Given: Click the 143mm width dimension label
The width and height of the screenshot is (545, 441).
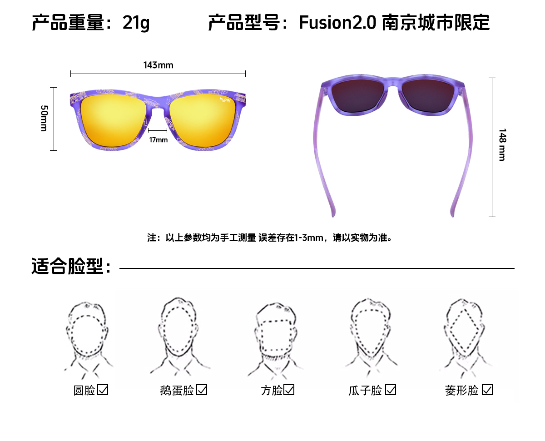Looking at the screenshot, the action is (x=158, y=65).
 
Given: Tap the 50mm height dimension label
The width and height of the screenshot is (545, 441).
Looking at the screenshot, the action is (x=44, y=118).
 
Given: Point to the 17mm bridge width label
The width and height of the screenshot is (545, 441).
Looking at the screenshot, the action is (x=158, y=140).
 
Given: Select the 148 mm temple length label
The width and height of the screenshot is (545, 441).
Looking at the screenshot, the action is (x=502, y=144).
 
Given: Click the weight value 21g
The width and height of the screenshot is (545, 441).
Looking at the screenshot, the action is (x=136, y=23).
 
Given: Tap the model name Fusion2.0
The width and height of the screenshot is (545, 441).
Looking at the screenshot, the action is (x=337, y=23).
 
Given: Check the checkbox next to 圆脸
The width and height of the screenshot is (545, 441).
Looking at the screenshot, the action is (x=103, y=390).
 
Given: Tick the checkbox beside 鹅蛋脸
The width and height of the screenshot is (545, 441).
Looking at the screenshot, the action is (x=202, y=390).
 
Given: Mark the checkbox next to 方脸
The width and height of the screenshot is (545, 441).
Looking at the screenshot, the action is (x=289, y=390).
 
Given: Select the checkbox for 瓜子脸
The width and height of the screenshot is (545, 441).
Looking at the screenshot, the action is (x=391, y=390).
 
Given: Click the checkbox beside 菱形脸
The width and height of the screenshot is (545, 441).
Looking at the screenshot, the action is (x=487, y=390).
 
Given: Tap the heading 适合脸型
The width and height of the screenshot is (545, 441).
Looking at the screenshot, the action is (x=70, y=267).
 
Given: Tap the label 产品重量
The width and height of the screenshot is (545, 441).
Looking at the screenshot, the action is (x=68, y=23).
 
